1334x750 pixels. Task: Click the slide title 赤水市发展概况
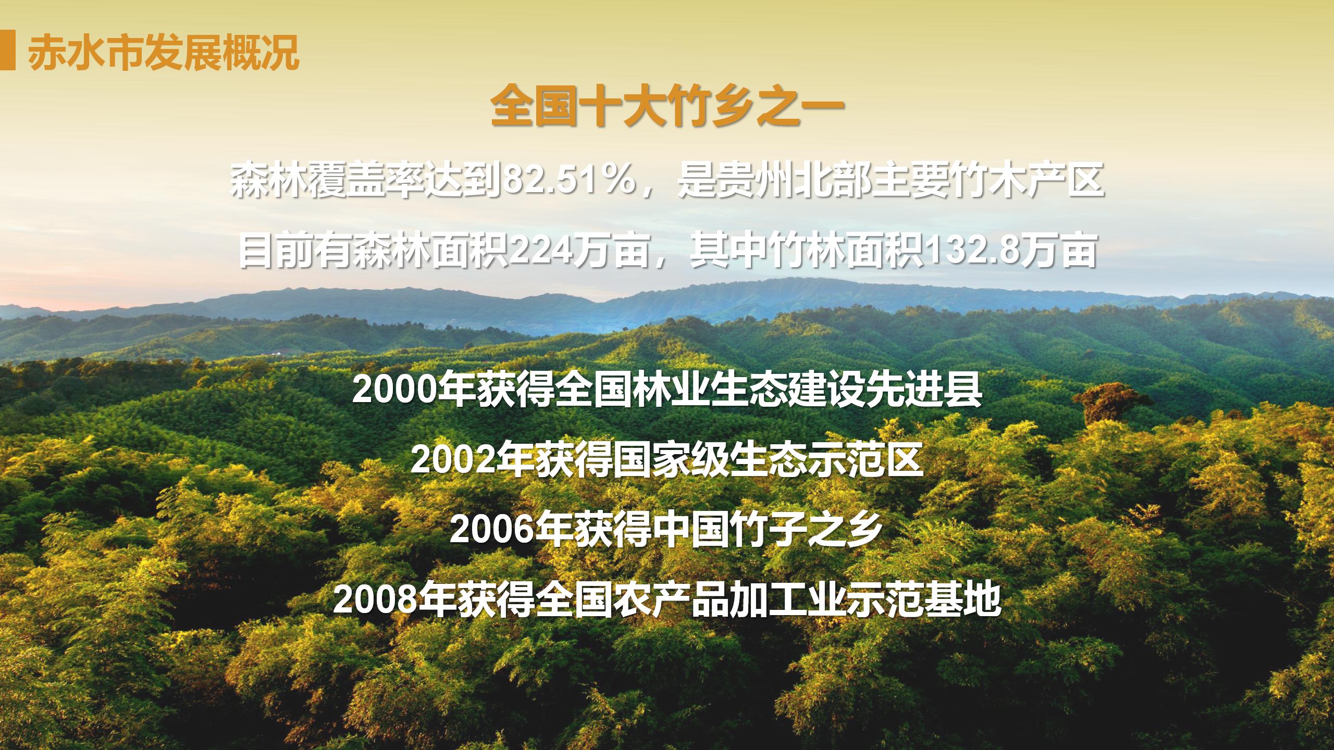(164, 52)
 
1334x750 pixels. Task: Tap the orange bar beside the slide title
(7, 51)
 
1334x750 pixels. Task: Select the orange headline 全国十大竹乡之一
(668, 107)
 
